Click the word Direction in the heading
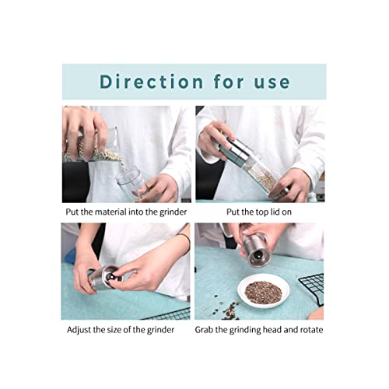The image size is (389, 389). point(152,82)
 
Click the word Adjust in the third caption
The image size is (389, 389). point(79,330)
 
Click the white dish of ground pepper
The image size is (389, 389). point(263,291)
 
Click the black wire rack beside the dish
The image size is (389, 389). point(312,289)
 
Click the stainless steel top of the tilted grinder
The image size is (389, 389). point(236,151)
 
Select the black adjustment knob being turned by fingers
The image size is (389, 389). point(110,276)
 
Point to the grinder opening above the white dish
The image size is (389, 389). point(258,255)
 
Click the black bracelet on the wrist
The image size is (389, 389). point(186,240)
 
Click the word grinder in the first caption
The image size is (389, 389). point(173,212)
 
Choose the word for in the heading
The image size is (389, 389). point(229,82)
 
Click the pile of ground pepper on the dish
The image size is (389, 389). point(263,293)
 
